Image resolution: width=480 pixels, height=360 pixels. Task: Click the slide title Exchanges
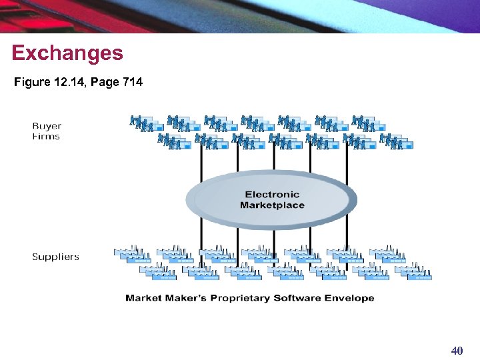[67, 53]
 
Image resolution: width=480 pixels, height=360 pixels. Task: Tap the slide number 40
[457, 351]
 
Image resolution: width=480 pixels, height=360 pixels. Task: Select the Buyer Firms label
[46, 131]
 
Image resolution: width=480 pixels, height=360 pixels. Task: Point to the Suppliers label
[55, 257]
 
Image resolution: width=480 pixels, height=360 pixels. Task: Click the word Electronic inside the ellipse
[272, 195]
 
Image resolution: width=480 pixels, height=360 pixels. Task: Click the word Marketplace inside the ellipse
[272, 205]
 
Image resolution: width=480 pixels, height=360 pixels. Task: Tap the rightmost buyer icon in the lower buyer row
[396, 142]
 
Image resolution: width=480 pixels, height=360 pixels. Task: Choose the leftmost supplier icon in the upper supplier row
[132, 254]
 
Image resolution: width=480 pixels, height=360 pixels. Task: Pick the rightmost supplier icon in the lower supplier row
[413, 272]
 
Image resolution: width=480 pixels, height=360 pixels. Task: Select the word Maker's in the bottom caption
[184, 298]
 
